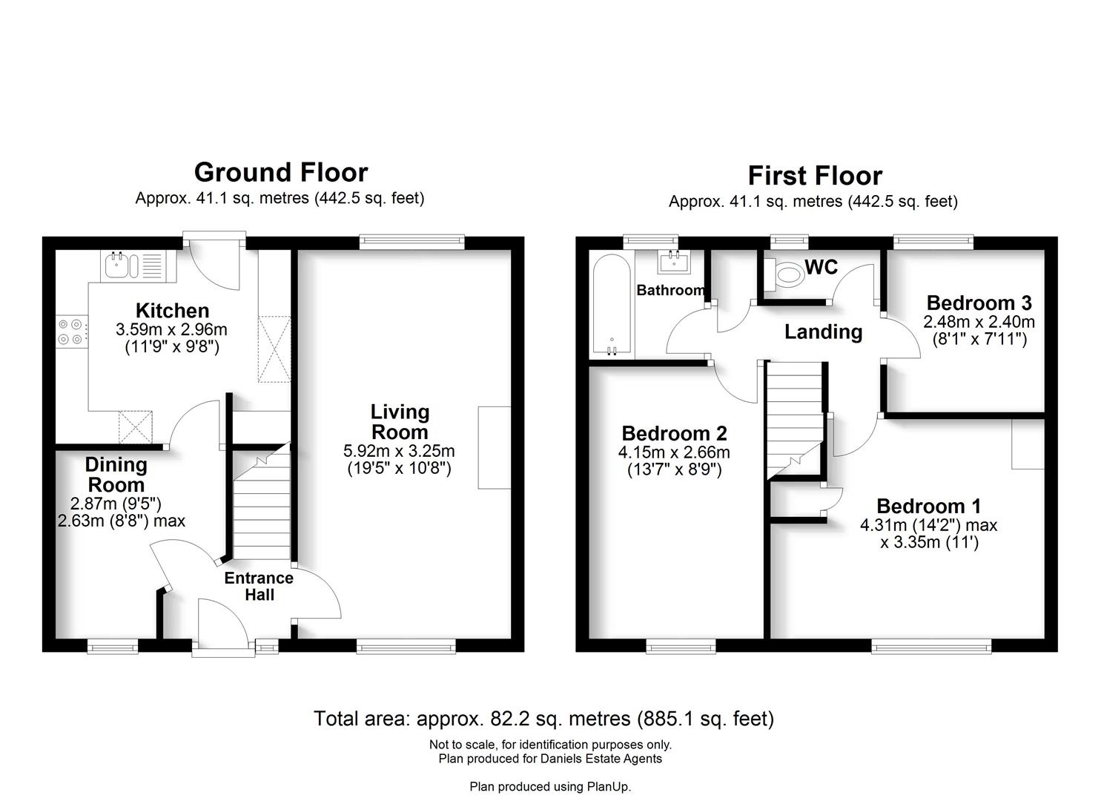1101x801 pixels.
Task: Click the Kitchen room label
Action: (x=172, y=311)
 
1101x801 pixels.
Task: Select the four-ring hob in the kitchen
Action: (x=72, y=332)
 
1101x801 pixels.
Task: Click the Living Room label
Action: (x=400, y=422)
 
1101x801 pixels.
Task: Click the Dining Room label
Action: (x=116, y=475)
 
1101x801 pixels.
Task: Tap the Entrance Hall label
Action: (x=259, y=586)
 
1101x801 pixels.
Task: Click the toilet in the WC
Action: (x=785, y=274)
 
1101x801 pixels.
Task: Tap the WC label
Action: (x=821, y=268)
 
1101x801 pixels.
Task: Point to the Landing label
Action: (x=823, y=332)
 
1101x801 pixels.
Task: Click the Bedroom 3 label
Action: (x=979, y=303)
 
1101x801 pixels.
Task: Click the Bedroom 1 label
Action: (x=928, y=506)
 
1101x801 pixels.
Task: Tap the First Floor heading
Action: (x=814, y=176)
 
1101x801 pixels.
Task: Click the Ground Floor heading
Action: (x=280, y=172)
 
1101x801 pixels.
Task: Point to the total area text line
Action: (x=543, y=718)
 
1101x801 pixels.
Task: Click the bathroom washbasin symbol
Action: (x=673, y=260)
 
